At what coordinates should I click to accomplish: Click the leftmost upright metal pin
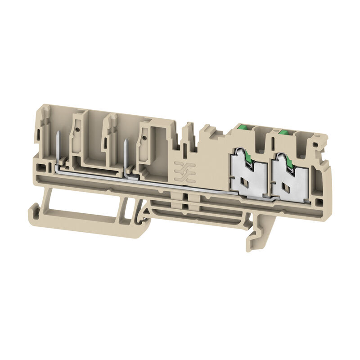point(59,144)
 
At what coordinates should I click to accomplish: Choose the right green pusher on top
point(284,132)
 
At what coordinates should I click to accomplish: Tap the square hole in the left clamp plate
point(247,182)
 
